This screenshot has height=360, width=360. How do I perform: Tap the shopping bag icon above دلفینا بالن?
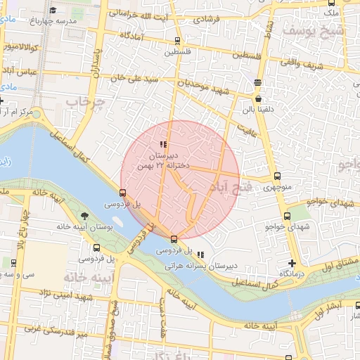(259, 101)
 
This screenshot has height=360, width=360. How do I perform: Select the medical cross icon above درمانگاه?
(292, 263)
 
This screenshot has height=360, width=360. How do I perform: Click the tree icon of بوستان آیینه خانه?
(84, 214)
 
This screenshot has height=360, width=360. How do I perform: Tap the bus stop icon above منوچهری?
(277, 176)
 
